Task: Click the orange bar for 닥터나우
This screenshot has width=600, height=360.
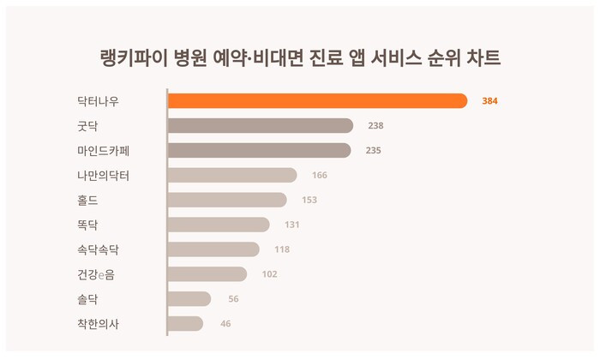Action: pos(317,101)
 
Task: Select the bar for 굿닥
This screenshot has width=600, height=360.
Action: pos(260,126)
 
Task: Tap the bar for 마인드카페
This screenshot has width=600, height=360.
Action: pos(259,151)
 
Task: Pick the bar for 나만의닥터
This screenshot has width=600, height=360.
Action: pos(231,176)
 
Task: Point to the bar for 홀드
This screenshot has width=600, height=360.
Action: pos(226,200)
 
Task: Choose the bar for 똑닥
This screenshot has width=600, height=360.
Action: pos(218,225)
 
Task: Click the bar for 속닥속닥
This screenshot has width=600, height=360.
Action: pos(213,249)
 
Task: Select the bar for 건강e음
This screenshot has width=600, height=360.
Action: pos(207,274)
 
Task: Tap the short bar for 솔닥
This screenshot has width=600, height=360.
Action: pos(189,299)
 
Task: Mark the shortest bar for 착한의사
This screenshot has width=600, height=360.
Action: pos(185,324)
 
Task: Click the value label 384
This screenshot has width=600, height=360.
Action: pos(489,101)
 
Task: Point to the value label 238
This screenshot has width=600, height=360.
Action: pos(375,126)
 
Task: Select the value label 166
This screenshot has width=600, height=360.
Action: pos(320,176)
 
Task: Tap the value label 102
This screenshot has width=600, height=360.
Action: pos(269,274)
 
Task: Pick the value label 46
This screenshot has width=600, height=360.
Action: pos(225,324)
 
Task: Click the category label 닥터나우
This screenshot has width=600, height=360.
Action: pos(98,101)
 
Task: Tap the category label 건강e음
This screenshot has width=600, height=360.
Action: pos(97,274)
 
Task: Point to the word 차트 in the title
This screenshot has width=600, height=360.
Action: pos(483,57)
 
